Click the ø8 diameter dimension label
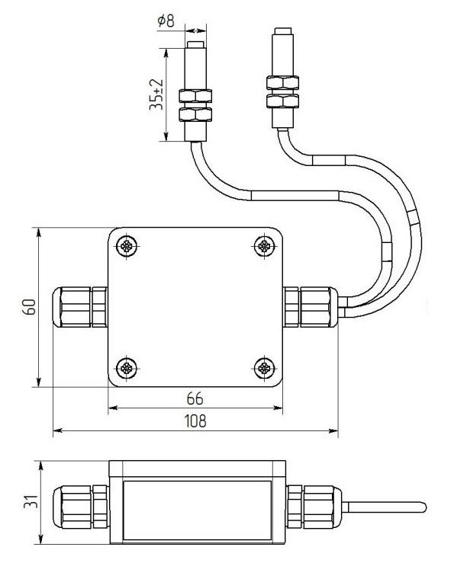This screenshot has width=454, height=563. (x=166, y=21)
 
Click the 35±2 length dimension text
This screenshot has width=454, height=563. (x=156, y=94)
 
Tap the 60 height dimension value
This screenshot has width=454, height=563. (x=30, y=307)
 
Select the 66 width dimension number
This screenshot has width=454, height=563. (x=195, y=398)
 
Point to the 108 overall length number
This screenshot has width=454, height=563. (x=195, y=421)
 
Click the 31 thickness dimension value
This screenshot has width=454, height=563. (x=31, y=501)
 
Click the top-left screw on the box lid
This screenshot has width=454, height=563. (x=127, y=246)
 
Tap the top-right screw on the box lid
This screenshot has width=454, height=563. (x=265, y=246)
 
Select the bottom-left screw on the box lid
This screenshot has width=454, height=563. (x=127, y=368)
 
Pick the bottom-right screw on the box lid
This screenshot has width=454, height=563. (x=265, y=368)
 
